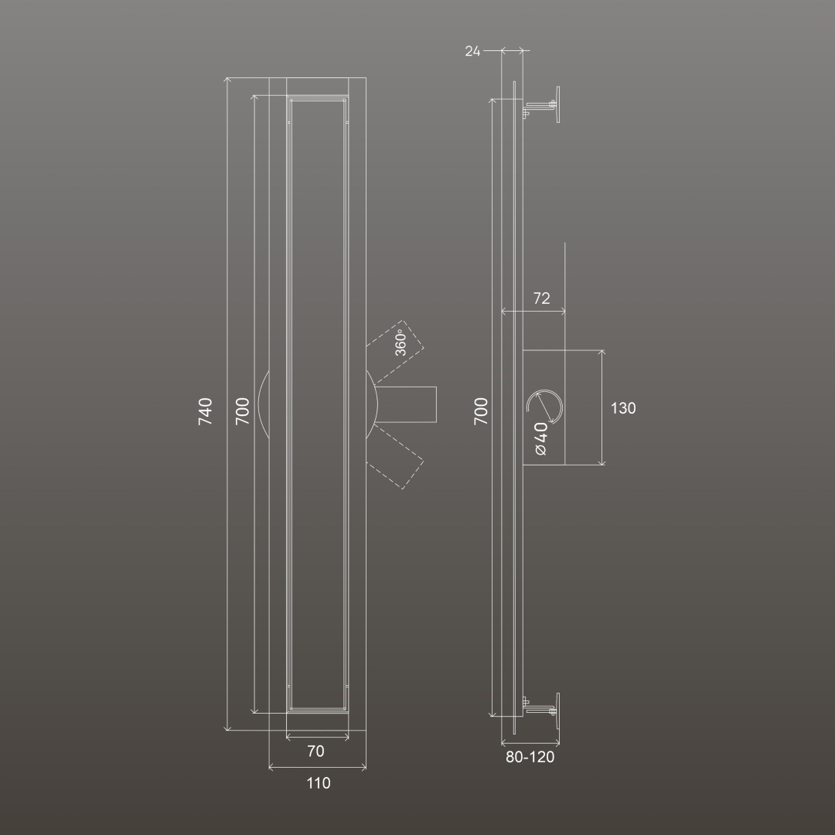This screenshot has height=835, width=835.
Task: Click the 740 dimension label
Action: tap(205, 411)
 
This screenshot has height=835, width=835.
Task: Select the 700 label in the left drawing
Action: tap(242, 411)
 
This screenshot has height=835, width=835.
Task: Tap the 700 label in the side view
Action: tap(481, 411)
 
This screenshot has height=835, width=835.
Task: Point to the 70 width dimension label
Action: tap(315, 751)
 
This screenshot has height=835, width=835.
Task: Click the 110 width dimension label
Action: tap(319, 782)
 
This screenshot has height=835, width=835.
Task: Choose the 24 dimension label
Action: tap(472, 51)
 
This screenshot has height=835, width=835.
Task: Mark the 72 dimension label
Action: tap(541, 298)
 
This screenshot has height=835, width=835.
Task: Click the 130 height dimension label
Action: tap(623, 408)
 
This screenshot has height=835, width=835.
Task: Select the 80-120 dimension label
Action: tap(530, 757)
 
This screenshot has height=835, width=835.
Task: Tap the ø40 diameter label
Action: tap(541, 439)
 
